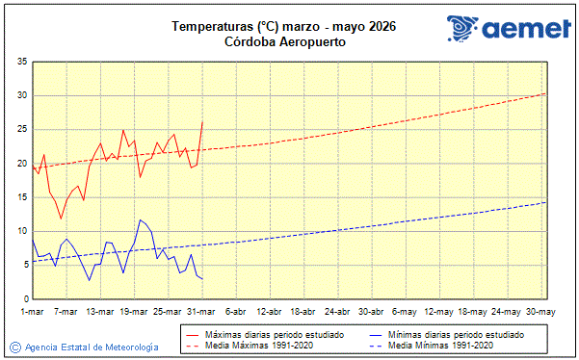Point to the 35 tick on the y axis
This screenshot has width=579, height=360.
click(21, 62)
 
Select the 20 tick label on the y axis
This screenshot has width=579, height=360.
click(21, 164)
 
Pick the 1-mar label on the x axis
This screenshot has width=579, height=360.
click(33, 312)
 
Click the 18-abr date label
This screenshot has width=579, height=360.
click(303, 312)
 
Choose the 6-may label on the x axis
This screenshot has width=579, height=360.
click(405, 312)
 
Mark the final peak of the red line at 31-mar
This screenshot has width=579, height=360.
click(202, 122)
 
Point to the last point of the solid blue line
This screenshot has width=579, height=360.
click(202, 279)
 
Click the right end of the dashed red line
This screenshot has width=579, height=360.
click(545, 93)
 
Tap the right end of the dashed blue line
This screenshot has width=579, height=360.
click(545, 202)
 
